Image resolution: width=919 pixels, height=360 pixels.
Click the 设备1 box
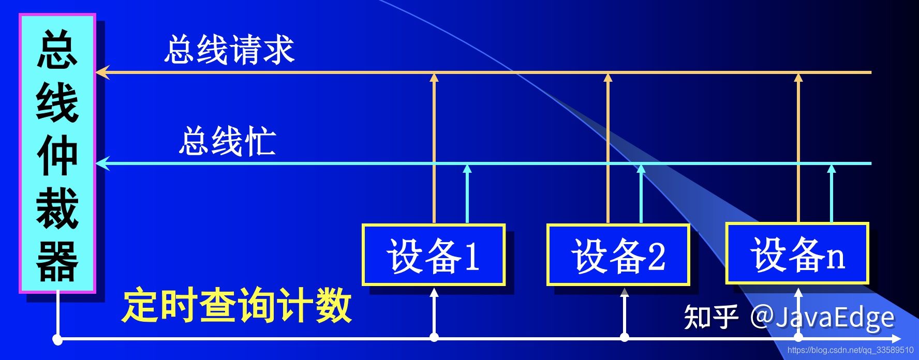(x=434, y=255)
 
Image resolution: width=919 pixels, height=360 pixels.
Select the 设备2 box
(x=618, y=255)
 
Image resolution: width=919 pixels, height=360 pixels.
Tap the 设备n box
(x=797, y=253)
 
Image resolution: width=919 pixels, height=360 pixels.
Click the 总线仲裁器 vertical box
(x=57, y=154)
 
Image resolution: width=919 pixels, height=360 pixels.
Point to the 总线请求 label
(x=229, y=50)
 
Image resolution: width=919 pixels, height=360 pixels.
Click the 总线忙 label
(x=227, y=141)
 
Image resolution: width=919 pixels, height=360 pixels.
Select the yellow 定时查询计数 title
(x=238, y=306)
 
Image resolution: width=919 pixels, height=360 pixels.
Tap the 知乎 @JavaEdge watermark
(x=789, y=317)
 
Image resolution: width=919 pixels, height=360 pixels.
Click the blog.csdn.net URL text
(x=850, y=350)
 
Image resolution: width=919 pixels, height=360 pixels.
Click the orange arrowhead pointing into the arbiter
(x=102, y=72)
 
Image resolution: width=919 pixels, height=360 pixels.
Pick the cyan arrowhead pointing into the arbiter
(x=102, y=163)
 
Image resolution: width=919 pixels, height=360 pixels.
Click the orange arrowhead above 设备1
(x=434, y=78)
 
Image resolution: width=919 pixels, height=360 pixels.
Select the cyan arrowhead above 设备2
(x=641, y=169)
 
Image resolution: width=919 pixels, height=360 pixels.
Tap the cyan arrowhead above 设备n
(x=832, y=169)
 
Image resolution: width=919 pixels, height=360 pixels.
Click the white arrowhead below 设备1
(x=434, y=293)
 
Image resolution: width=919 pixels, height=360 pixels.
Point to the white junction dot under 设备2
(x=625, y=338)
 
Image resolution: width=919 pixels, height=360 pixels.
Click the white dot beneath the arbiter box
(x=57, y=340)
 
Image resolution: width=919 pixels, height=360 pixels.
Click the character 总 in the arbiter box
(x=57, y=49)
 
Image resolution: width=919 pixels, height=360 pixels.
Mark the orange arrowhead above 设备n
(x=798, y=78)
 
